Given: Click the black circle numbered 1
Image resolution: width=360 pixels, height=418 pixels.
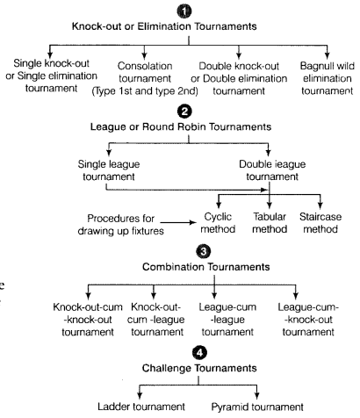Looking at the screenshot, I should click(x=181, y=10).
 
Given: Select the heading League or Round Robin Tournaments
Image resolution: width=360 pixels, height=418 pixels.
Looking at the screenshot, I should click(x=180, y=131).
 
